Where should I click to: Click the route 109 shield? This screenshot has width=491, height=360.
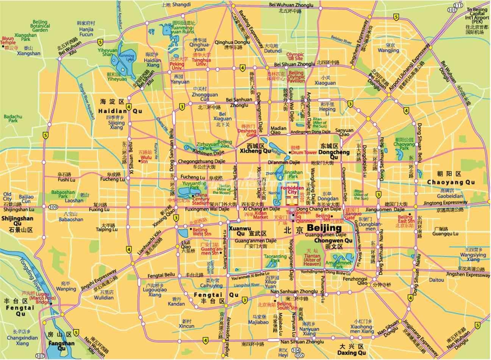click(53, 207)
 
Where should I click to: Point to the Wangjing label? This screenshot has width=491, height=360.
click(388, 50)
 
